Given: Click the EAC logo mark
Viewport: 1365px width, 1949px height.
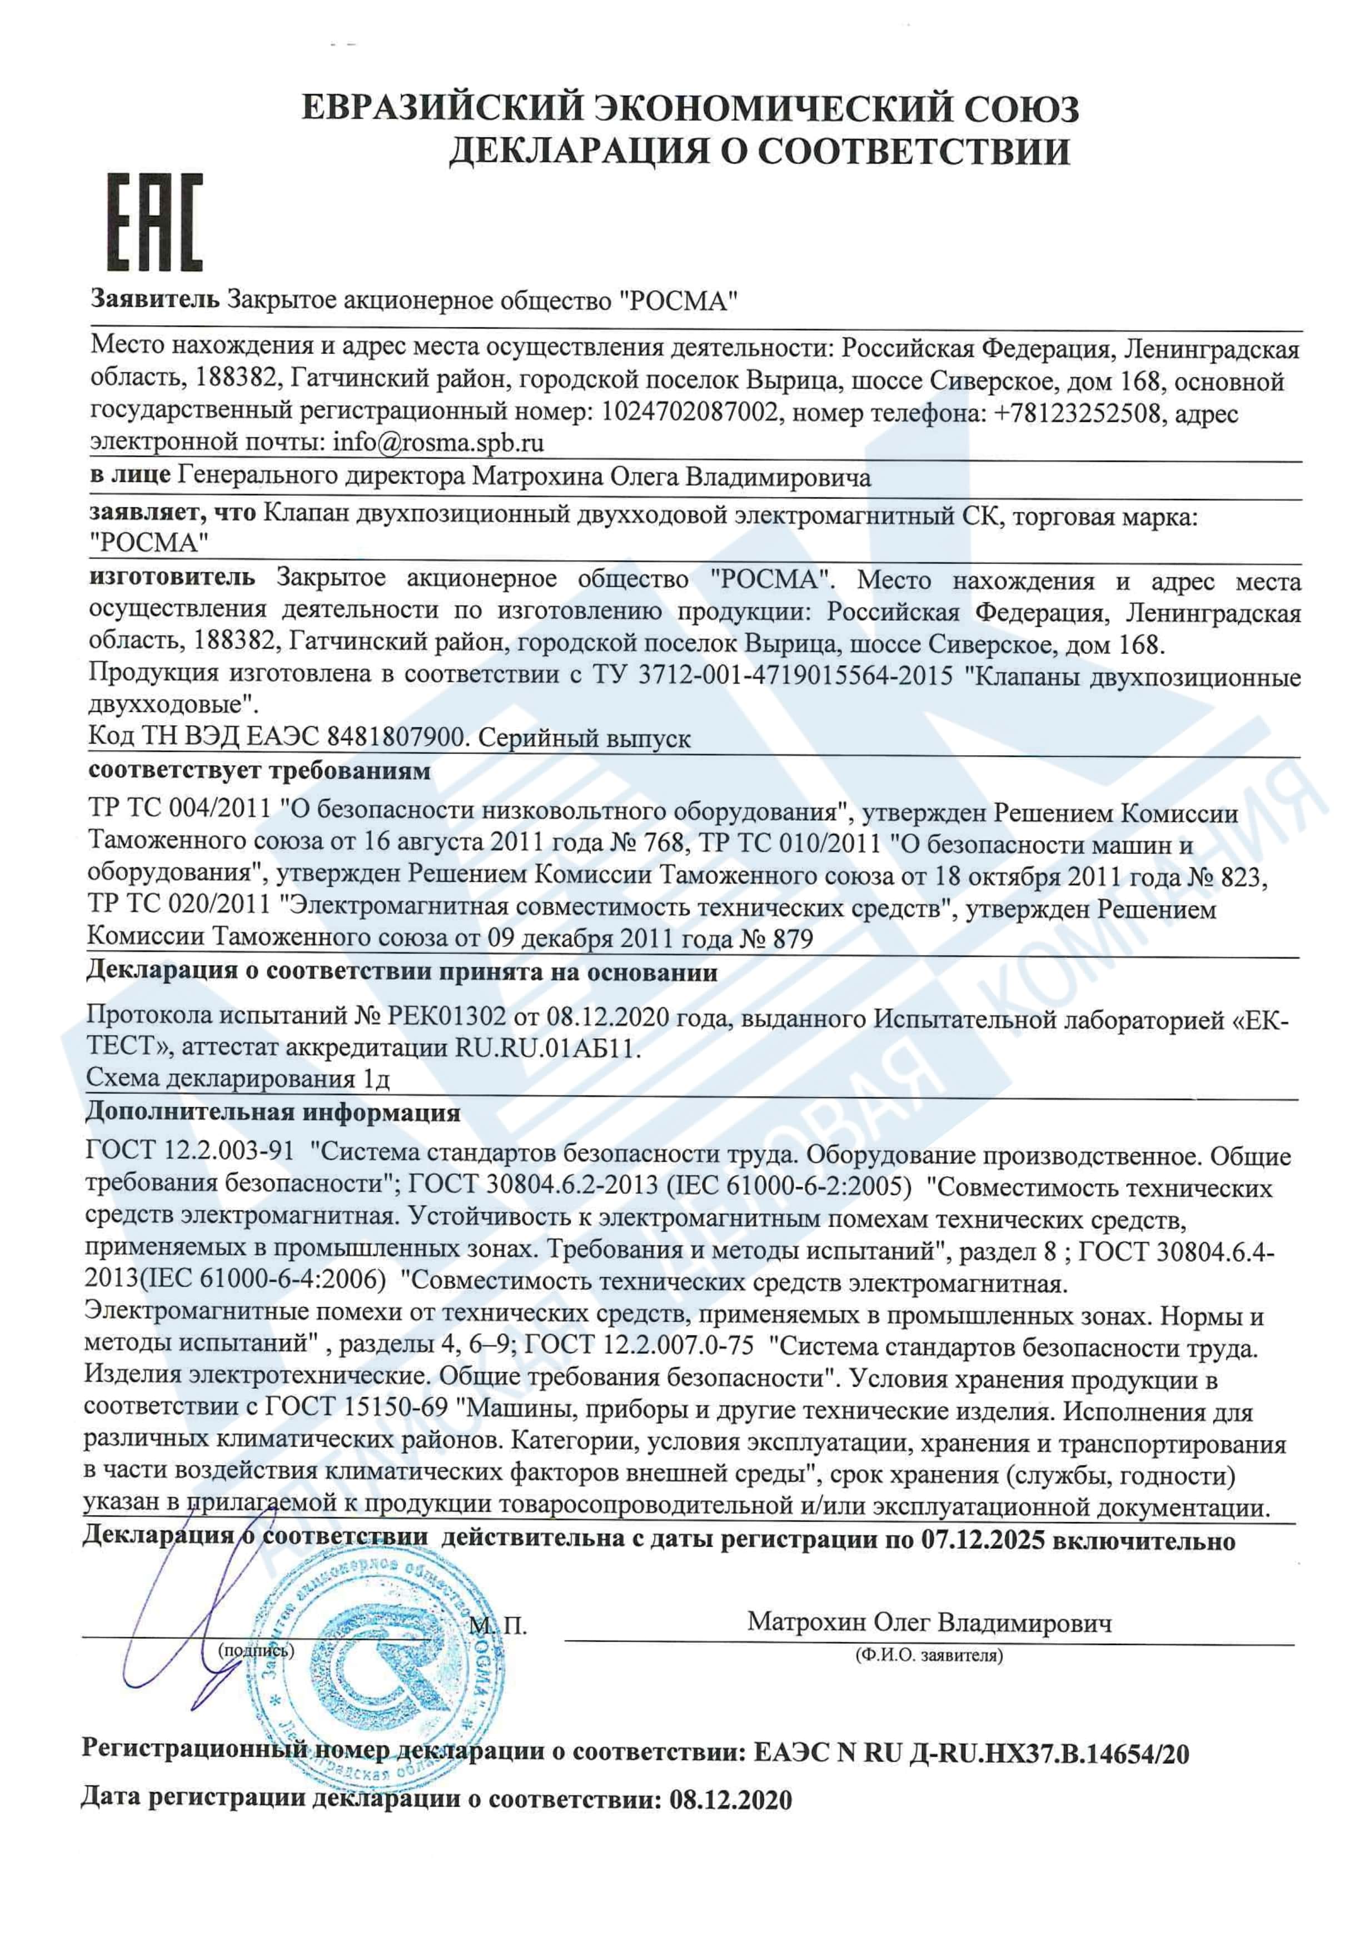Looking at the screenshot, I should pos(155,222).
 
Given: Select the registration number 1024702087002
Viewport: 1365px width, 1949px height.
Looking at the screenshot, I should pos(689,413).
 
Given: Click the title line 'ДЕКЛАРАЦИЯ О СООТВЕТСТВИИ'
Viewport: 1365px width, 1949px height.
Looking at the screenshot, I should pos(758,150).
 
